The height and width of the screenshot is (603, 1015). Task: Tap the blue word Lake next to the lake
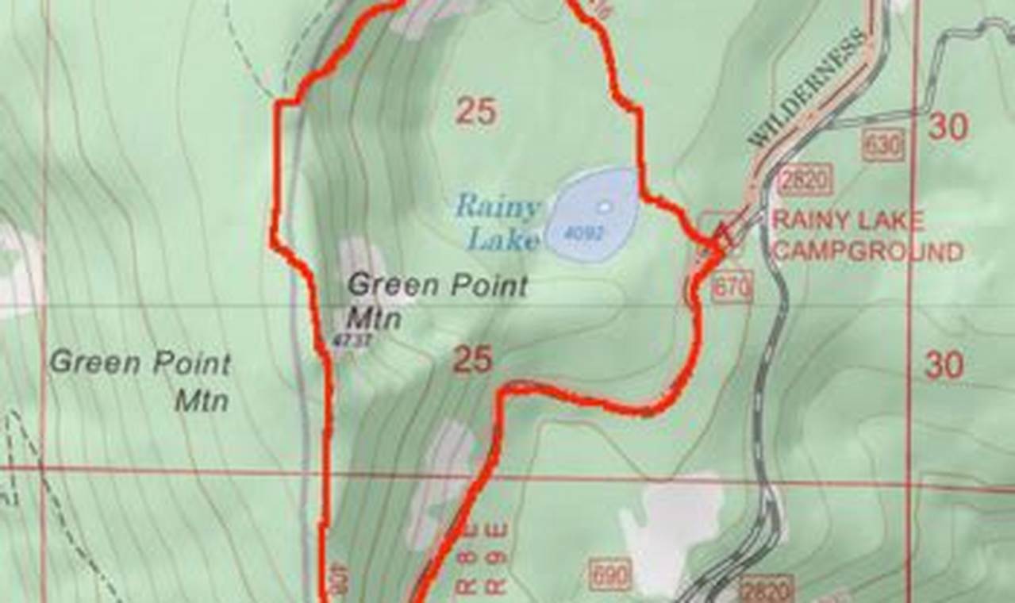point(503,239)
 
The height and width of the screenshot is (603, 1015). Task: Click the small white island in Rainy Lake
point(606,207)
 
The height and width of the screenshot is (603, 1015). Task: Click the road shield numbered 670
point(731,290)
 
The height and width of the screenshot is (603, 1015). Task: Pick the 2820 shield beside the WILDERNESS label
point(805,179)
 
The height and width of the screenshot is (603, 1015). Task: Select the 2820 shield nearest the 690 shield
point(767,590)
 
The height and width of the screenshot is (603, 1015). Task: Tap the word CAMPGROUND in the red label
point(867,252)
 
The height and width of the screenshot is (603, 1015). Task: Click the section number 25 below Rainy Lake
point(472,361)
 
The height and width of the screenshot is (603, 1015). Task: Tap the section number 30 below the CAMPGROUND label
point(944,365)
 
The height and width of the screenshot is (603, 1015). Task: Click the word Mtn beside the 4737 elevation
point(374,319)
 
